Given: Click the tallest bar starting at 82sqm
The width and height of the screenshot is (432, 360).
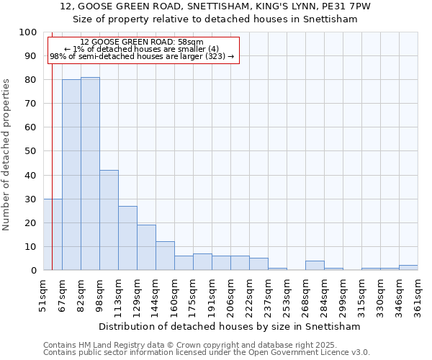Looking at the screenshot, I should pos(90,174).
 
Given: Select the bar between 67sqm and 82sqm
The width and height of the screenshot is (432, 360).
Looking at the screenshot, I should pos(71,175).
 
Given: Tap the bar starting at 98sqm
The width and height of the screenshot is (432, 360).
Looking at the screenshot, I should pos(109,220).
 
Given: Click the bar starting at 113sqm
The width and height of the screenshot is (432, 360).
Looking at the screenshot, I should pos(127,238).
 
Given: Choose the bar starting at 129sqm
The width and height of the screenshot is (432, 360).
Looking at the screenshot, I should pos(146,248).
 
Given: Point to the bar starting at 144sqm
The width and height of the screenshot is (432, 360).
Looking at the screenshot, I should pos(165,256).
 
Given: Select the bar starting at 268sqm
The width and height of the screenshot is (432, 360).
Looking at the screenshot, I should pos(315,266).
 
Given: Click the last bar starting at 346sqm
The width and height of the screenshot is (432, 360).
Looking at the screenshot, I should pos(408,268).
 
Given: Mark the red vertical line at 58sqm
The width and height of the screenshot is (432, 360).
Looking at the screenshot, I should pos(53,144).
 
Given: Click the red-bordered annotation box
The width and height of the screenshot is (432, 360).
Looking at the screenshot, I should pos(143,50).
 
